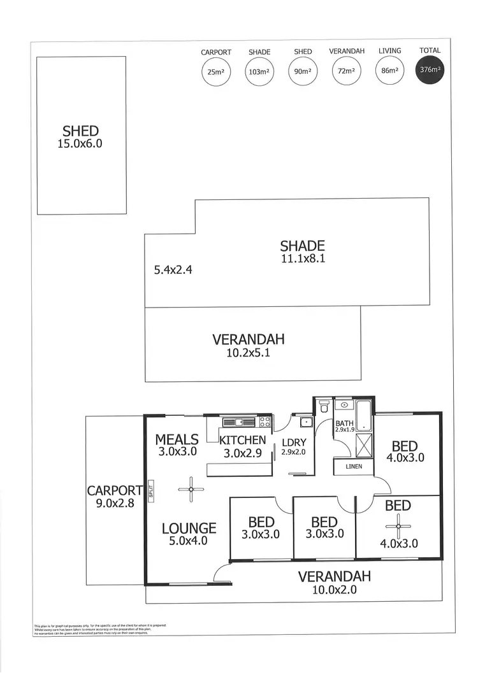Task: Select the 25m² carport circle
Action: pos(215,72)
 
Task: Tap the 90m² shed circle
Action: pos(303,72)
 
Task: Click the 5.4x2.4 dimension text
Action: pos(173,270)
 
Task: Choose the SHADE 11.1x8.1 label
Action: pos(303,252)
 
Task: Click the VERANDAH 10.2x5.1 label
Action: pos(248,345)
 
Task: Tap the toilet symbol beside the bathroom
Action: pos(324,406)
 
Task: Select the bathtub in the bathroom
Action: pos(363,415)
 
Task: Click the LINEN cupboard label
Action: pos(353,467)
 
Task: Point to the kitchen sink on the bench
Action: pos(237,421)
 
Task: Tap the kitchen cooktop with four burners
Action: pos(264,421)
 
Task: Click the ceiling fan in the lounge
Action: pos(191,489)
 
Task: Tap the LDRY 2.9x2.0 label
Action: pos(294,446)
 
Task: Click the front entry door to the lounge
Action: pos(222,574)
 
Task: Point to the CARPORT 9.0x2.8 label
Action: pos(115,495)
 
